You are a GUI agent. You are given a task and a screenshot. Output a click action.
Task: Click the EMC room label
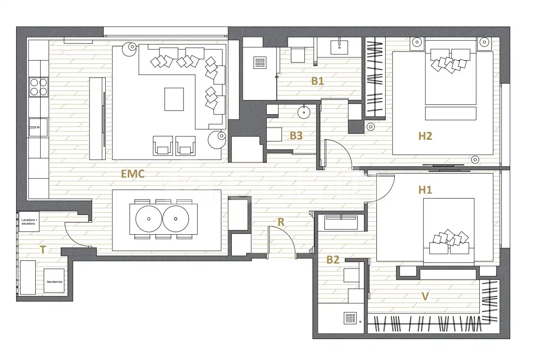tap(133, 174)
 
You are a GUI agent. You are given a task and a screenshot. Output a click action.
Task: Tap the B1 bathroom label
tap(317, 81)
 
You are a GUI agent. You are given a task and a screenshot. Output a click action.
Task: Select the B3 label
tap(296, 136)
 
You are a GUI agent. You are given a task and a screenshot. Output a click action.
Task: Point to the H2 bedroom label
tap(425, 136)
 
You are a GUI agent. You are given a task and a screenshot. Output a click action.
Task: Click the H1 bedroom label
tap(425, 190)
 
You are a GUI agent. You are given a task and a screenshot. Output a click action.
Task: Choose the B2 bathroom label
tap(333, 260)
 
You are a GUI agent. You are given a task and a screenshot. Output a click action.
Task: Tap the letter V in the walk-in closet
tap(425, 296)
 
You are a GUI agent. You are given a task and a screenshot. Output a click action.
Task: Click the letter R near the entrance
tap(281, 222)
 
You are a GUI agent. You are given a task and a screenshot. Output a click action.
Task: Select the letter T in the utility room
tap(43, 250)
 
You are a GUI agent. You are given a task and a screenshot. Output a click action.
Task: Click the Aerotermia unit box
tap(54, 280)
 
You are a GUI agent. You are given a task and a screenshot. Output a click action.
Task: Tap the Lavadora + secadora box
tap(29, 221)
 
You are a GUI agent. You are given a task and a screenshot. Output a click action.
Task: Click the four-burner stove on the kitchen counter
tap(39, 87)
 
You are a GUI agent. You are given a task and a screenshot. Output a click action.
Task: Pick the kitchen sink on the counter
tap(38, 127)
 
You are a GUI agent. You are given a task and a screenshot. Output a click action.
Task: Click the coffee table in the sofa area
tap(174, 99)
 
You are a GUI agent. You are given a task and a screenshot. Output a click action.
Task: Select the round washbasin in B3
tap(304, 112)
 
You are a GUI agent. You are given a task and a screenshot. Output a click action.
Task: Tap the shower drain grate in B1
tap(260, 63)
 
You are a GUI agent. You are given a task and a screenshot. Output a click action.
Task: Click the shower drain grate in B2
tap(350, 318)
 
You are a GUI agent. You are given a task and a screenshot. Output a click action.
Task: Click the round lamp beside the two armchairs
tap(217, 140)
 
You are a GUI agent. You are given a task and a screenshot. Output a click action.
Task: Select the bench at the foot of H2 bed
tap(450, 113)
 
